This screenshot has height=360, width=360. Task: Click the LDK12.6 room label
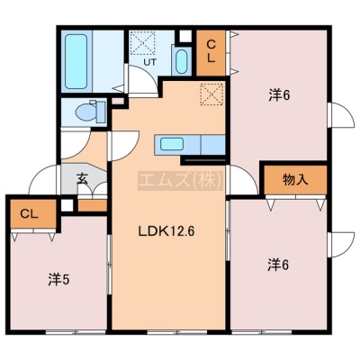tap(166, 231)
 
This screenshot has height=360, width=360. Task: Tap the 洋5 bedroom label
tap(58, 280)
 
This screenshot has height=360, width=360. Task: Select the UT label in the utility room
tap(149, 62)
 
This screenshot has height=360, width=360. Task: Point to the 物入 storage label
tap(295, 180)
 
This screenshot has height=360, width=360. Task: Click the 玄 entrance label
tap(82, 179)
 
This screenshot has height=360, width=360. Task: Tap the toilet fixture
tap(90, 112)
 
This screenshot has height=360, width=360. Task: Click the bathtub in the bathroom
tap(76, 61)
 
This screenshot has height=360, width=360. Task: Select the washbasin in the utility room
tap(182, 61)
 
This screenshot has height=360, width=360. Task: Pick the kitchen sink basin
tap(172, 144)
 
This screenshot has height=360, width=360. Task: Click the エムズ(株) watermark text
tap(181, 181)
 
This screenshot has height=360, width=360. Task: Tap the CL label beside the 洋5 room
tap(29, 214)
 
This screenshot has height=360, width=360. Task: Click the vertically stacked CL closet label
tap(211, 51)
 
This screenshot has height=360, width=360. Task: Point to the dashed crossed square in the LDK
tap(211, 94)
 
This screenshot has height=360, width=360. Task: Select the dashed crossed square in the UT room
tap(143, 42)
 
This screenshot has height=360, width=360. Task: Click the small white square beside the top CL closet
tap(185, 36)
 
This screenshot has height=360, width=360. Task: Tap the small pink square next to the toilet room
tap(119, 101)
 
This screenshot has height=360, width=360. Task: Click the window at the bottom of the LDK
tap(177, 332)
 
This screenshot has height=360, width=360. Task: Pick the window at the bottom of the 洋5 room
tap(76, 332)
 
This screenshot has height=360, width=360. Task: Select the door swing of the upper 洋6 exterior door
tap(341, 115)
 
